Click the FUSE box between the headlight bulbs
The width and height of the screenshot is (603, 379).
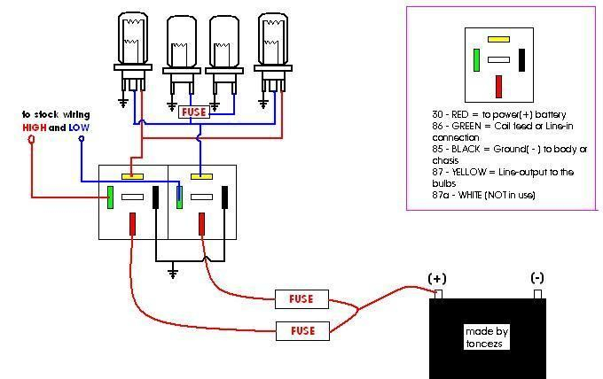coord(194,112)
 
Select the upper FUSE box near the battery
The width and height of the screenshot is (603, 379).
coord(301,299)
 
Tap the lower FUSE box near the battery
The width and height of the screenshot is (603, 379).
coord(302,331)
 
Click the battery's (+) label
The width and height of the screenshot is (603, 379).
coord(437,278)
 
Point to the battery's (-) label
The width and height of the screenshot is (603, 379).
coord(537,278)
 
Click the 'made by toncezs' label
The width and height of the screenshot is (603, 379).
coord(487,337)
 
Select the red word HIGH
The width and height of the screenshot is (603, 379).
coord(35,128)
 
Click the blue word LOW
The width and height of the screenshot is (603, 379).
coord(79,128)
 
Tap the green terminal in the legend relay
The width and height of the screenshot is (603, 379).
coord(476,60)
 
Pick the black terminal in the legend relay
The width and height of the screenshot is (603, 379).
coord(521,60)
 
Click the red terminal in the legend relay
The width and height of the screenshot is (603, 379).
coord(498,87)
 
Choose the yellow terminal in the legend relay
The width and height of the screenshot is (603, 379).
coord(498,39)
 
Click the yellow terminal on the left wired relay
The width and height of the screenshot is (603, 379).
coord(133,176)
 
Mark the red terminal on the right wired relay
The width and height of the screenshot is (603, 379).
coord(201,224)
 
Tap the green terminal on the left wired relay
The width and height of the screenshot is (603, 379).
coord(110,197)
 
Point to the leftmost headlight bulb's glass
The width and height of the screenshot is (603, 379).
coord(133,37)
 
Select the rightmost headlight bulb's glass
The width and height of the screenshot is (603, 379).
coord(273,39)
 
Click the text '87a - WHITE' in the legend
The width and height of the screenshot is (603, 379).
coord(457,195)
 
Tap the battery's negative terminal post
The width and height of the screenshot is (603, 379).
coord(538,294)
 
